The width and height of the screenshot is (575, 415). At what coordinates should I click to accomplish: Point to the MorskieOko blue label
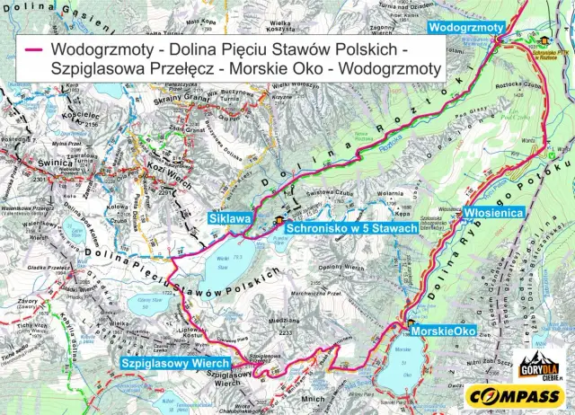(443, 330)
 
